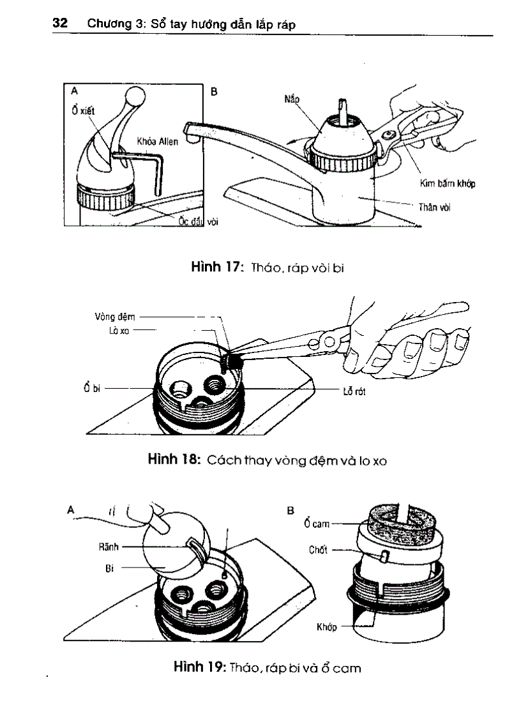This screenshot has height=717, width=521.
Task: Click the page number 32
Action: [60, 24]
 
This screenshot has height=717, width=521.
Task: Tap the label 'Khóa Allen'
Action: [158, 141]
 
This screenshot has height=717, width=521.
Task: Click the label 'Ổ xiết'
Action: [83, 110]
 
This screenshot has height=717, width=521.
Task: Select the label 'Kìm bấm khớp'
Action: [447, 184]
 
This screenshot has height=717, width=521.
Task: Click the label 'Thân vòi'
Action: [435, 207]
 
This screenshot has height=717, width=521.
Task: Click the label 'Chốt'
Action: [318, 549]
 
